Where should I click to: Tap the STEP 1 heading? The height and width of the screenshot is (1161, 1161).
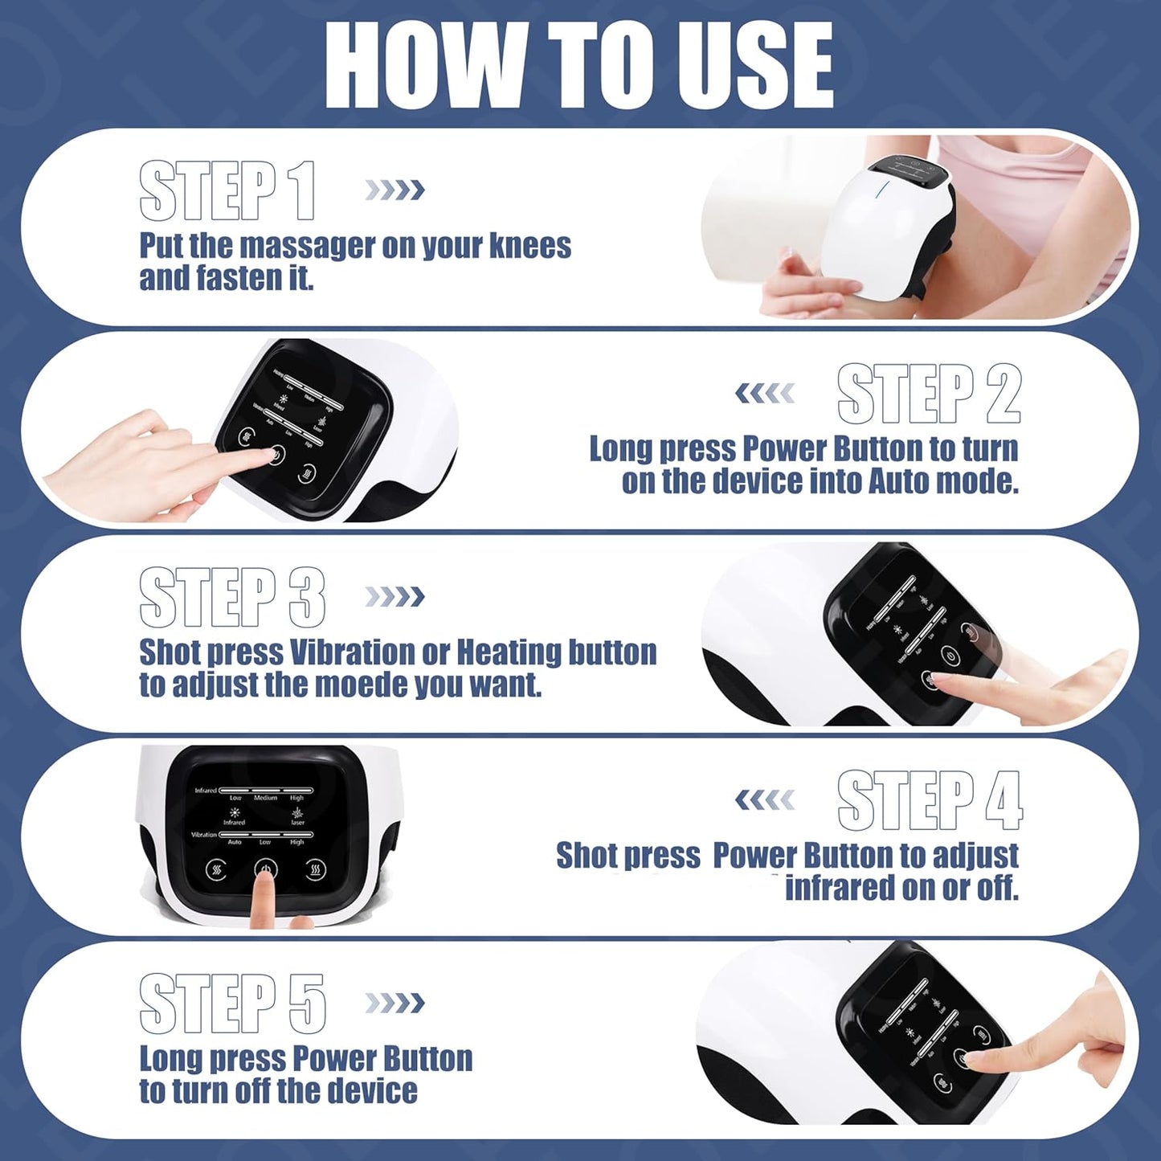pos(227,190)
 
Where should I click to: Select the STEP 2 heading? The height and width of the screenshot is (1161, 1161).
pos(928,394)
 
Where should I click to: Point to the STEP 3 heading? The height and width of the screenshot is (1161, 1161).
pos(231,597)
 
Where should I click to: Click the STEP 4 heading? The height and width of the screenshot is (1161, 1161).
pos(929,800)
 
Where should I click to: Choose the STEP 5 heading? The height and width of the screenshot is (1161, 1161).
pos(231,1004)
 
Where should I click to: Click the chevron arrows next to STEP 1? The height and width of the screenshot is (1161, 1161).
pos(394,190)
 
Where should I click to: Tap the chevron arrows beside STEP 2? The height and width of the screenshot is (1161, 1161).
pos(765,394)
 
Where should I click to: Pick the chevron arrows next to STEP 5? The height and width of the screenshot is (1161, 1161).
pos(394,1004)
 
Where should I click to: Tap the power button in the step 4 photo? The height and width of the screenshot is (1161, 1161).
pos(265,869)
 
